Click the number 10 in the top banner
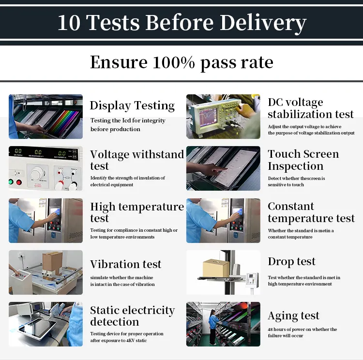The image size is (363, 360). click(x=69, y=22)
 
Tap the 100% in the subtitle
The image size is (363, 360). click(x=174, y=62)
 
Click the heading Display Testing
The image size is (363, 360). click(x=132, y=105)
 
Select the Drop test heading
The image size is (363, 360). click(x=291, y=262)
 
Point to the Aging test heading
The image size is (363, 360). click(x=293, y=316)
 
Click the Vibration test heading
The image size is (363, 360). click(x=126, y=264)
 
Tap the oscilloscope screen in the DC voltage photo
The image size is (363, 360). click(x=208, y=117)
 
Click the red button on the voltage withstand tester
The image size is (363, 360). click(x=19, y=182)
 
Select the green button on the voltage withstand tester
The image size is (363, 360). click(x=11, y=182)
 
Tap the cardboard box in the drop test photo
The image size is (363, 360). click(x=216, y=268)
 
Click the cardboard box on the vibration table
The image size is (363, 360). click(x=53, y=262)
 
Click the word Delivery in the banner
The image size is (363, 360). click(x=263, y=23)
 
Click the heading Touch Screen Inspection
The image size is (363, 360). click(x=303, y=160)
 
